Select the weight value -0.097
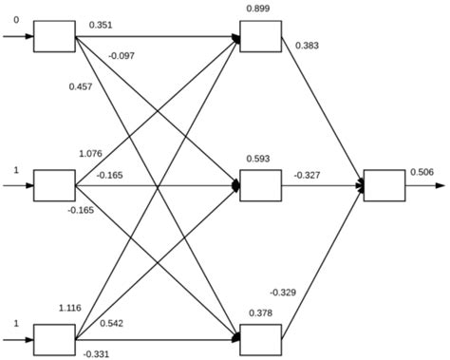pyautogui.click(x=122, y=56)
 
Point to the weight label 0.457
pyautogui.click(x=80, y=87)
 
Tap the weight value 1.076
pyautogui.click(x=91, y=153)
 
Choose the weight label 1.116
pyautogui.click(x=70, y=308)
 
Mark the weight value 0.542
pyautogui.click(x=112, y=323)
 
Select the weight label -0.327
pyautogui.click(x=307, y=175)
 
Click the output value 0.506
pyautogui.click(x=422, y=172)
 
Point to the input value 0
pyautogui.click(x=15, y=19)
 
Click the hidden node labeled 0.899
pyautogui.click(x=260, y=36)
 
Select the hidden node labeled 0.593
pyautogui.click(x=260, y=186)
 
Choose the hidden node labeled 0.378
pyautogui.click(x=260, y=337)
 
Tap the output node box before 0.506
pyautogui.click(x=384, y=186)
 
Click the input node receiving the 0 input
pyautogui.click(x=54, y=36)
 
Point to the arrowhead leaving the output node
pyautogui.click(x=440, y=186)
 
